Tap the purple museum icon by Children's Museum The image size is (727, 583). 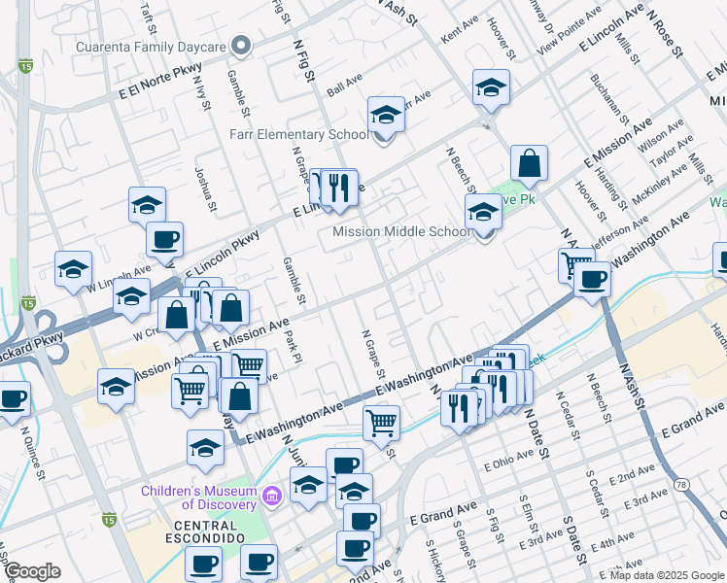272,497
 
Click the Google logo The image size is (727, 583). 32,572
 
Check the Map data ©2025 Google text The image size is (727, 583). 667,574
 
